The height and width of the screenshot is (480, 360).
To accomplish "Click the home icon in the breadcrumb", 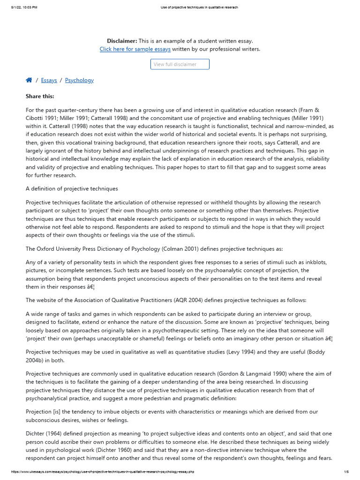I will click(29, 80).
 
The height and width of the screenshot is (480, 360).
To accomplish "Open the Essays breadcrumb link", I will click(49, 80).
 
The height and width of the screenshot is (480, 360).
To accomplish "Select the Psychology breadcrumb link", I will click(79, 80).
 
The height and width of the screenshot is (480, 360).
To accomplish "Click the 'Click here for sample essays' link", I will click(135, 49).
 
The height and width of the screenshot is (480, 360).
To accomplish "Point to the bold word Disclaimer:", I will click(122, 41).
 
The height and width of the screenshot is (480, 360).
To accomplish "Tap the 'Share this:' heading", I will click(40, 96).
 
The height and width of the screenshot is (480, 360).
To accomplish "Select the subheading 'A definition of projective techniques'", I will click(72, 188).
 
